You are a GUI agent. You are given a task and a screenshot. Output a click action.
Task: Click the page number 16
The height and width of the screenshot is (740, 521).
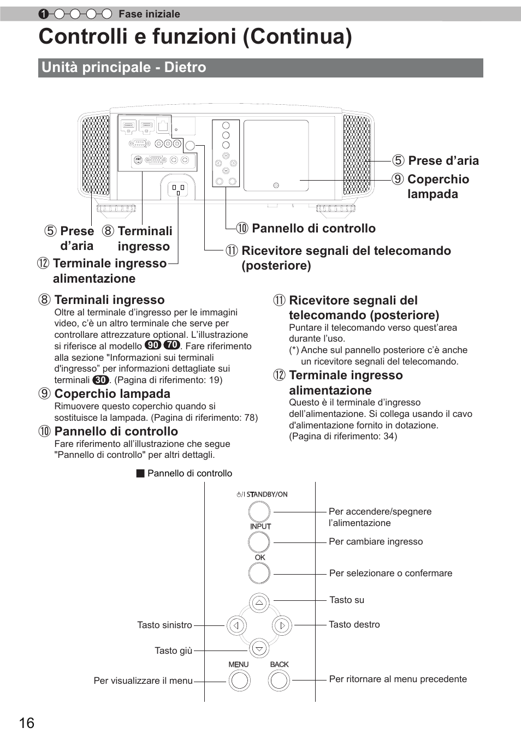pos(26,723)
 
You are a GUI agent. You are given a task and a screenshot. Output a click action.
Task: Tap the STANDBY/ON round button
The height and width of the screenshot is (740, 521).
pos(259,511)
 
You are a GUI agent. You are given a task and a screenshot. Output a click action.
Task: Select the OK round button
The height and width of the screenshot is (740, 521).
pos(259,573)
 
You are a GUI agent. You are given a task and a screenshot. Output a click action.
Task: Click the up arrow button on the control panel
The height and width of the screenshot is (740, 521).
pos(259,603)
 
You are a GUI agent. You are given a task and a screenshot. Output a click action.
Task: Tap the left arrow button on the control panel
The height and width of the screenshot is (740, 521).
pos(236,625)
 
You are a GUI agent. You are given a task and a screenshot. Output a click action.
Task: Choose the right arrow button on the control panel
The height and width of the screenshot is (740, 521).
pos(282,625)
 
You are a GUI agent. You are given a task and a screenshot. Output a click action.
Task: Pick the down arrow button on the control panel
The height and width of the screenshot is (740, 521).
pos(259,648)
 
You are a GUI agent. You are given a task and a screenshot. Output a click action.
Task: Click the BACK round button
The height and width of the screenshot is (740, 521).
pos(279,680)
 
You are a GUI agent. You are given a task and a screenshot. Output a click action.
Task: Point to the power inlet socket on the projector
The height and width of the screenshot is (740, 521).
pos(179,189)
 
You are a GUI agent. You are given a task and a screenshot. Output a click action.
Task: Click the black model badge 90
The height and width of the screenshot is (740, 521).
pos(153,345)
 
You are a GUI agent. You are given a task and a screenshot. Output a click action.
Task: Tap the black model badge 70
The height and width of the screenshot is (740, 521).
pos(171,345)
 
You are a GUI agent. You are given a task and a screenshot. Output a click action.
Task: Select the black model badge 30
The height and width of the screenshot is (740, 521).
pos(100,380)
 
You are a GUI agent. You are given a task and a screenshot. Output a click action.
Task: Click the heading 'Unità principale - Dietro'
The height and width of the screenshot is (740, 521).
pos(124,67)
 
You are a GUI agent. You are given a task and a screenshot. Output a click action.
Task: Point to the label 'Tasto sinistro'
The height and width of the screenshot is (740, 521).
pos(164,625)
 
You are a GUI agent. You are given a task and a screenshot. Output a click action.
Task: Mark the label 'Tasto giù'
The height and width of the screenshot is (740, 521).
pos(173,651)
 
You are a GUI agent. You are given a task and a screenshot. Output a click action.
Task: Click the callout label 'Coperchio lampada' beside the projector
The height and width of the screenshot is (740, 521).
pos(437,187)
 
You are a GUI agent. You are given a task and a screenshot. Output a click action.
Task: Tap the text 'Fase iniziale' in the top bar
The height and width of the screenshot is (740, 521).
pos(149,14)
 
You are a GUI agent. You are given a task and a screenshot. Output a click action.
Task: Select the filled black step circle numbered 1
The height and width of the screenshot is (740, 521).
pos(44,14)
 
